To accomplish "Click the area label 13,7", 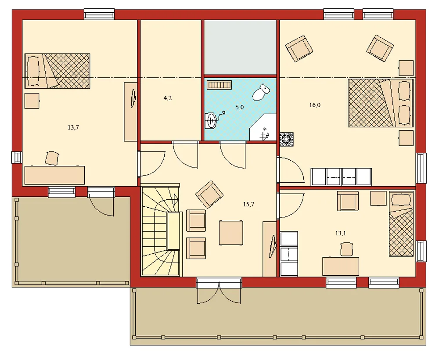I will pyautogui.click(x=73, y=127).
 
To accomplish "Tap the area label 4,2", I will pyautogui.click(x=168, y=98).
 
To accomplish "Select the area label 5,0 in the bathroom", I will pyautogui.click(x=240, y=107).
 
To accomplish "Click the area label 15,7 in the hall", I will pyautogui.click(x=249, y=204).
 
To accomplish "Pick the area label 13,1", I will pyautogui.click(x=341, y=234).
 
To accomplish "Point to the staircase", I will pyautogui.click(x=160, y=230).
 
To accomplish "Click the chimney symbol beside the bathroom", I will pyautogui.click(x=286, y=139).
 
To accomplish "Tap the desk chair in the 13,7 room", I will pyautogui.click(x=52, y=158).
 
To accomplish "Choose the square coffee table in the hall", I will pyautogui.click(x=231, y=233).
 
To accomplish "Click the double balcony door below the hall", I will pyautogui.click(x=219, y=291).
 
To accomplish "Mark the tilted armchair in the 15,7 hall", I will pyautogui.click(x=209, y=194).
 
